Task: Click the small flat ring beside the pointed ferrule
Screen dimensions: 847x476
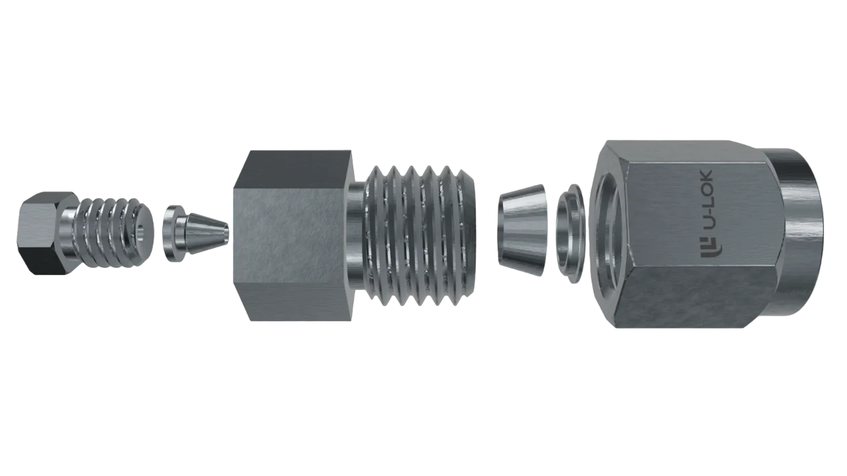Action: tap(173, 233)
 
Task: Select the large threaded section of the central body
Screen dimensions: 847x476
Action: tap(420, 235)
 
